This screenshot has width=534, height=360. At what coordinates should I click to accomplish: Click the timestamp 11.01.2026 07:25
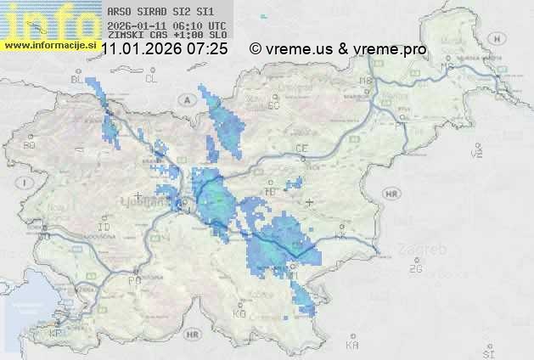click(164, 49)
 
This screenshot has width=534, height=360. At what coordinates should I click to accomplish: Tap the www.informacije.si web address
click(50, 43)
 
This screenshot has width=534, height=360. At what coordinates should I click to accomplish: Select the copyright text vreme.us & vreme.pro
click(338, 49)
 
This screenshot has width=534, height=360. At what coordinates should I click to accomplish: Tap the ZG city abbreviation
click(415, 269)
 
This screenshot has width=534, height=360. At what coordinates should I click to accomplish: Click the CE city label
click(301, 148)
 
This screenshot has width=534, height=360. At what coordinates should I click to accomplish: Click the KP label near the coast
click(56, 335)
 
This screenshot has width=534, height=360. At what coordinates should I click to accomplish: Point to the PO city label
click(133, 279)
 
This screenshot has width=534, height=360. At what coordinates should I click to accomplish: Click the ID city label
click(104, 228)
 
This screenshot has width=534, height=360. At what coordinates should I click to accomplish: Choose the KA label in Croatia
click(352, 345)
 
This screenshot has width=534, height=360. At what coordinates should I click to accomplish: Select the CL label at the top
click(151, 79)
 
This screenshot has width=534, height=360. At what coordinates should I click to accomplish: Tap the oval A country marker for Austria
click(186, 99)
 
